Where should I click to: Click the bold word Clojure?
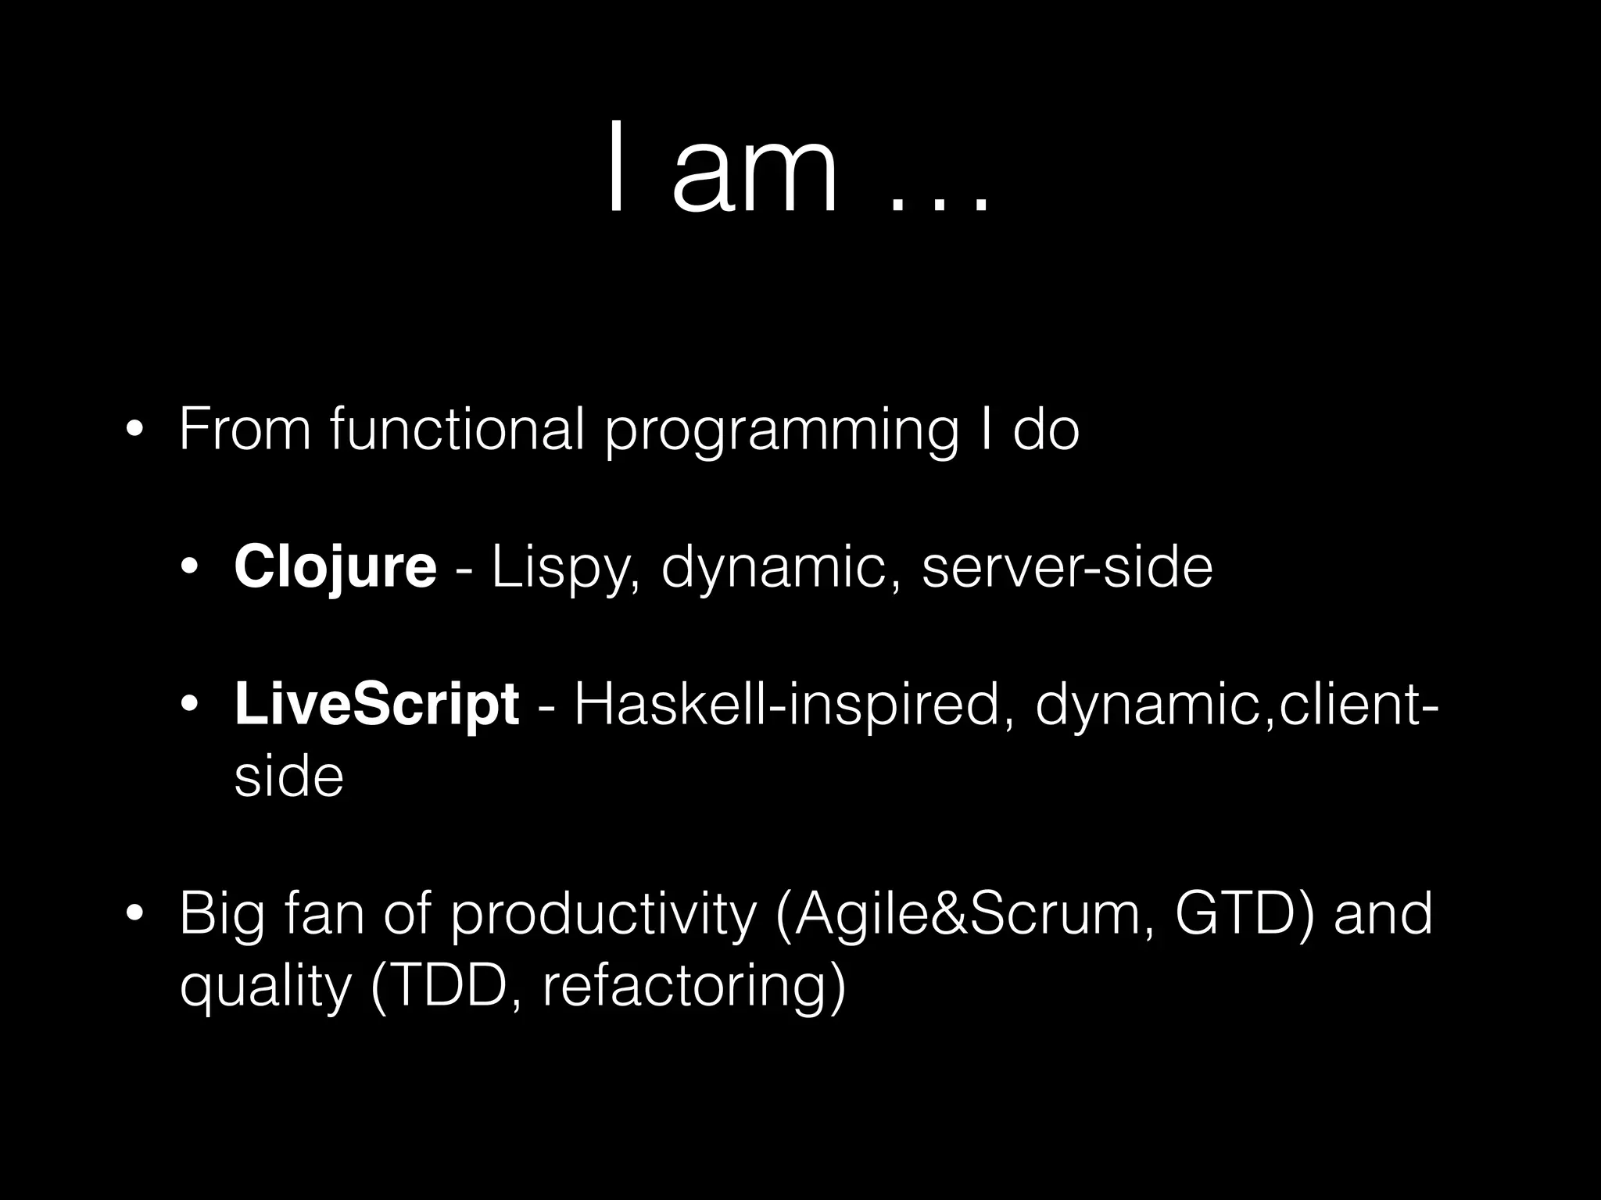click(x=335, y=568)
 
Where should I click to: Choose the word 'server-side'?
click(x=1067, y=568)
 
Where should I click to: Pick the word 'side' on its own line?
click(x=288, y=777)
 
